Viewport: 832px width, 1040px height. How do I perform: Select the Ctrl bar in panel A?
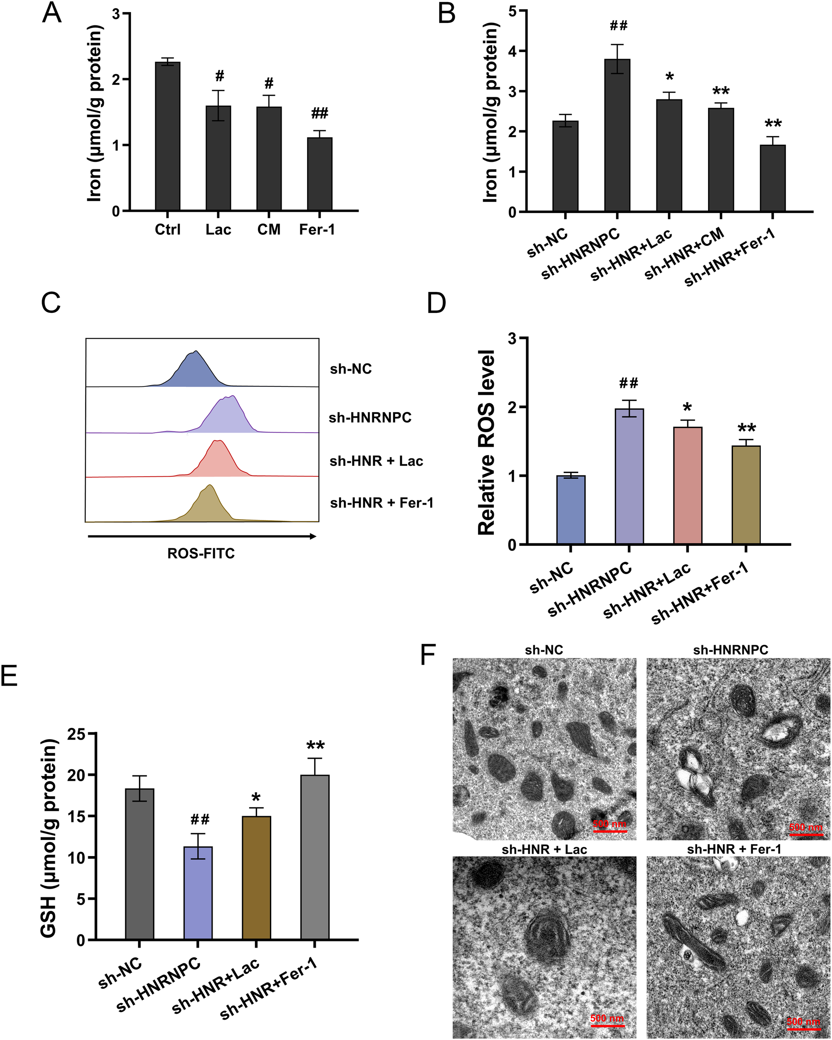167,136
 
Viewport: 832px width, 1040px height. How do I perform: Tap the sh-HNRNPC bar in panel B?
617,135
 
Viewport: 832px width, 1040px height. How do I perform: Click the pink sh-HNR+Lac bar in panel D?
687,485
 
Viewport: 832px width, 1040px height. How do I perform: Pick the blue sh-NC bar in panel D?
571,510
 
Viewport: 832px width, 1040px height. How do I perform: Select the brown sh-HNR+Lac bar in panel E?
256,877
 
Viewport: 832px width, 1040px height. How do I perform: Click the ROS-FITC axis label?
201,553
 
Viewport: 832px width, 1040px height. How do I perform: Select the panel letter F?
428,655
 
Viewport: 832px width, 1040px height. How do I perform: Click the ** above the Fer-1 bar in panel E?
315,746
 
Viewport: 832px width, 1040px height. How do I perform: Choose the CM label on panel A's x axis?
269,230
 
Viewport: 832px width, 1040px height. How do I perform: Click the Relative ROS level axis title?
487,442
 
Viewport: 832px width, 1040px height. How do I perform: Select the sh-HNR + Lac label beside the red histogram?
376,461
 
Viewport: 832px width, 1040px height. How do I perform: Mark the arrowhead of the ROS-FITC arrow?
314,536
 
